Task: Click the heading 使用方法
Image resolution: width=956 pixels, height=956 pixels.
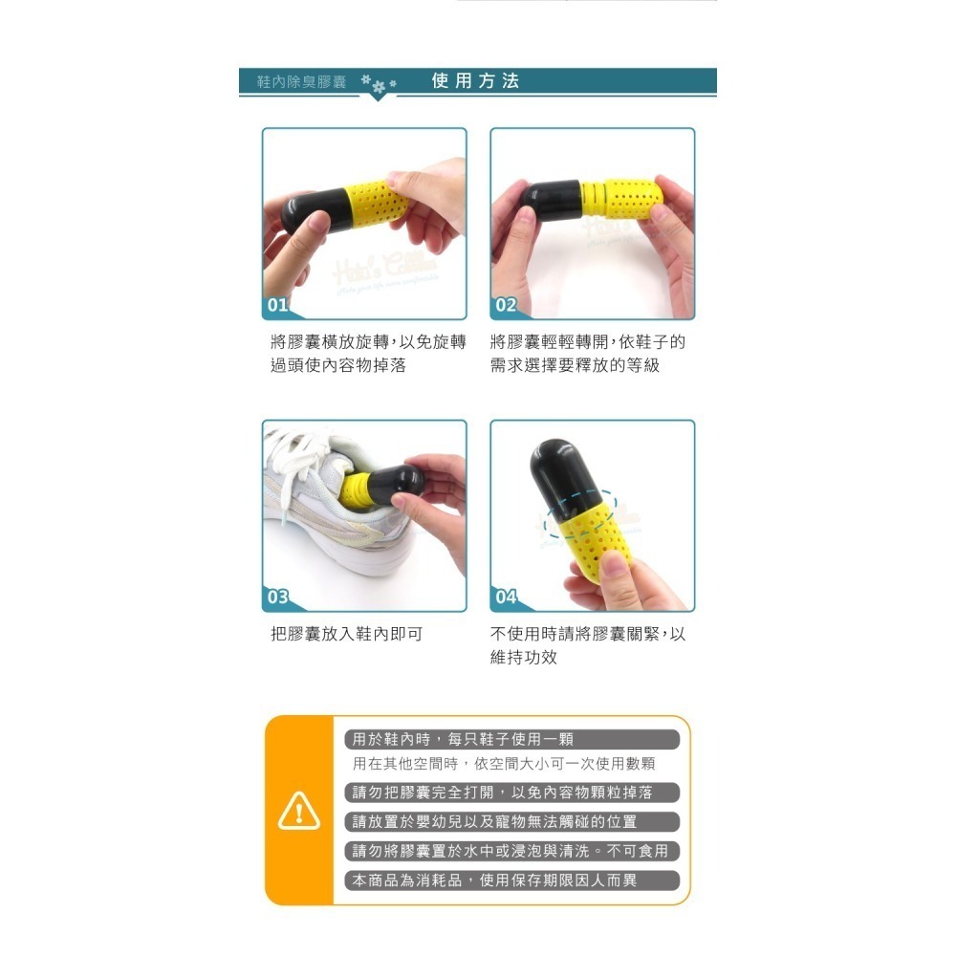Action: (x=475, y=81)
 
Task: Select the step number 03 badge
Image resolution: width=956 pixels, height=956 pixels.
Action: (x=276, y=597)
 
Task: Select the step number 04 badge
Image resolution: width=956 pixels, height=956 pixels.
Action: (x=505, y=597)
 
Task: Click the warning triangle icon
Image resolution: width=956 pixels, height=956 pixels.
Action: (x=298, y=812)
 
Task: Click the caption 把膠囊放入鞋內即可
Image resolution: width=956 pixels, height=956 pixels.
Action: (x=346, y=634)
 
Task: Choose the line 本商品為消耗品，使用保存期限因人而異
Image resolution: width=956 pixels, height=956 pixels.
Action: (x=494, y=880)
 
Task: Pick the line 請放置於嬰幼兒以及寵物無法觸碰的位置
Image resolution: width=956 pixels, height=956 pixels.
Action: (x=494, y=822)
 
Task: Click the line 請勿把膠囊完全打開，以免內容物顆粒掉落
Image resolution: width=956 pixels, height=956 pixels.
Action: (x=502, y=793)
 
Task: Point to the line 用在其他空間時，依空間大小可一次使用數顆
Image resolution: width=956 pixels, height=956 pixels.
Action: (x=504, y=765)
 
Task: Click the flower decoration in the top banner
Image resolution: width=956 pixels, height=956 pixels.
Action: (x=380, y=85)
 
